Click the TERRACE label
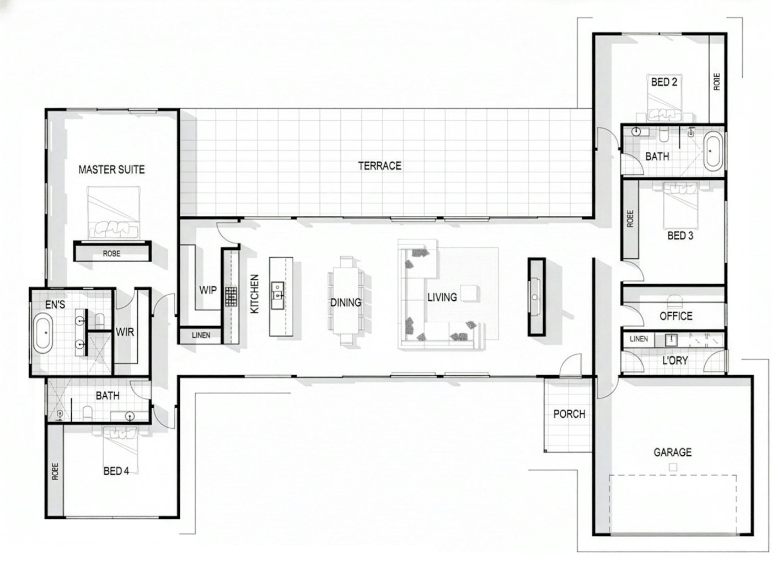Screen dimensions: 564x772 [379, 166]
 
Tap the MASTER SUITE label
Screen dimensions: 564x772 [111, 169]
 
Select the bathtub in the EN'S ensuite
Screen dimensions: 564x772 [42, 332]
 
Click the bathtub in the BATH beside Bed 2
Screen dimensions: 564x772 [712, 150]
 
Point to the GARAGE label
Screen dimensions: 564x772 [672, 453]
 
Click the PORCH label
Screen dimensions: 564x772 [569, 414]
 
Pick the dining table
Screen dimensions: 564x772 [346, 301]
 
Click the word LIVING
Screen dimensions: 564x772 [442, 297]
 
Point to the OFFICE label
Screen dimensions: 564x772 [675, 316]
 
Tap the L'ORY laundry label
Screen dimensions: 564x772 [674, 360]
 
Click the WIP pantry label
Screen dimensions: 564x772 [208, 290]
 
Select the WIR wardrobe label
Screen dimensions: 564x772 [125, 332]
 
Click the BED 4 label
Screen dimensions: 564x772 [116, 471]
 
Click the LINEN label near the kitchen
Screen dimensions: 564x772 [201, 335]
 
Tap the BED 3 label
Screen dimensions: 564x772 [680, 236]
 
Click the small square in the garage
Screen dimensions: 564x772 [673, 467]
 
